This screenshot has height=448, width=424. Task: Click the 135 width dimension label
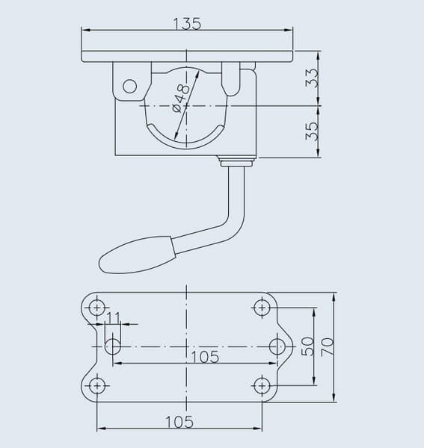[188, 24]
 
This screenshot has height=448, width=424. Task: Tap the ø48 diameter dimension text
[181, 98]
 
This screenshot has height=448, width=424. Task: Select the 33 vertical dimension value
[312, 77]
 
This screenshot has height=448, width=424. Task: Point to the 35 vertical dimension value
[312, 131]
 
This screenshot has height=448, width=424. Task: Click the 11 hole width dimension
[114, 317]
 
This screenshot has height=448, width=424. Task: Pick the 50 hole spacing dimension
[307, 346]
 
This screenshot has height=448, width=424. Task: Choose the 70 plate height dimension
[328, 346]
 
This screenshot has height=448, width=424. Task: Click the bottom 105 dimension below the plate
[179, 422]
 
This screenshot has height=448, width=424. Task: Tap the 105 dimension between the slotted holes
[205, 357]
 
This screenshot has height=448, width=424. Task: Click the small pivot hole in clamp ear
[129, 86]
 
